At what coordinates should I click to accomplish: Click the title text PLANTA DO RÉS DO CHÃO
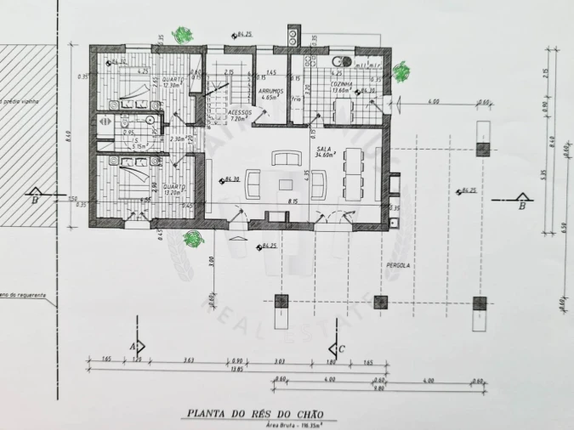[255, 414]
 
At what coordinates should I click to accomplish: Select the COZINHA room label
[342, 85]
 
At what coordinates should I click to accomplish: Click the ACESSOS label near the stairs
[240, 112]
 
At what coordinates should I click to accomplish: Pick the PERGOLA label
[397, 265]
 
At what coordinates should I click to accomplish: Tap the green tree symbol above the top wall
[181, 35]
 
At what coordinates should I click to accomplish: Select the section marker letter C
[341, 348]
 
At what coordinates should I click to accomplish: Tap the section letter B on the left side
[35, 201]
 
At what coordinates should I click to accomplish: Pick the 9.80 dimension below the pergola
[380, 389]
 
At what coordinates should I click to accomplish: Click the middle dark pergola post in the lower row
[381, 302]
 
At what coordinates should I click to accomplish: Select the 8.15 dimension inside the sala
[292, 201]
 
